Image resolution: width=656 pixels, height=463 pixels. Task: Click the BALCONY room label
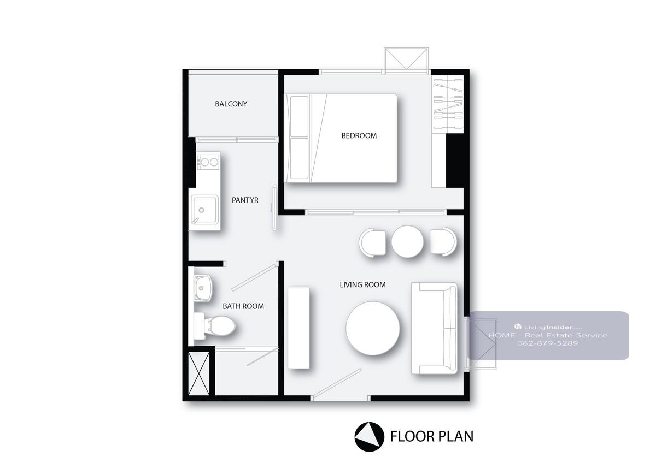click(231, 104)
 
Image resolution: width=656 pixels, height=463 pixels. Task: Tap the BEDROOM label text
click(359, 136)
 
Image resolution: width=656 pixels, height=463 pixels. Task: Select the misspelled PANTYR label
click(245, 200)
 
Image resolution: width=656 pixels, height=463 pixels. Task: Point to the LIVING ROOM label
click(362, 284)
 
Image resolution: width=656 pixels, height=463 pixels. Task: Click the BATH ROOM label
click(243, 306)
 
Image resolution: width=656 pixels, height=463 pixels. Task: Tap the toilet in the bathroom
click(215, 326)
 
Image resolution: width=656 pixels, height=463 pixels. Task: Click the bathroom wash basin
click(202, 288)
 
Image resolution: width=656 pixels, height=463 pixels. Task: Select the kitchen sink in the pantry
click(204, 210)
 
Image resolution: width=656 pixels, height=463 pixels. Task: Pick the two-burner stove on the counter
click(208, 162)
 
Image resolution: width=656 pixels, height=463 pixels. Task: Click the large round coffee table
click(372, 328)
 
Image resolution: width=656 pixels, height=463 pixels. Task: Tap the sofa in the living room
click(434, 328)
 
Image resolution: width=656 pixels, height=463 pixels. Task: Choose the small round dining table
click(407, 241)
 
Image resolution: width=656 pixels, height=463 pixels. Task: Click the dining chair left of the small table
click(372, 242)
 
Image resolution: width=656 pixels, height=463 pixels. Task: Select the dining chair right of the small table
click(443, 242)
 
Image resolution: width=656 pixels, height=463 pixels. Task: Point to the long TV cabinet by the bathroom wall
click(298, 328)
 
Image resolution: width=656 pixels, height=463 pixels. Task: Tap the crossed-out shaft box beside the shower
click(198, 373)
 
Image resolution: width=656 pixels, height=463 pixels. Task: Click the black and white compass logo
click(370, 437)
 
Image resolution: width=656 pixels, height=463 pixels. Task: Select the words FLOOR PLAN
click(432, 436)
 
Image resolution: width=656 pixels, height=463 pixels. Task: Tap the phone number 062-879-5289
click(547, 343)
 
